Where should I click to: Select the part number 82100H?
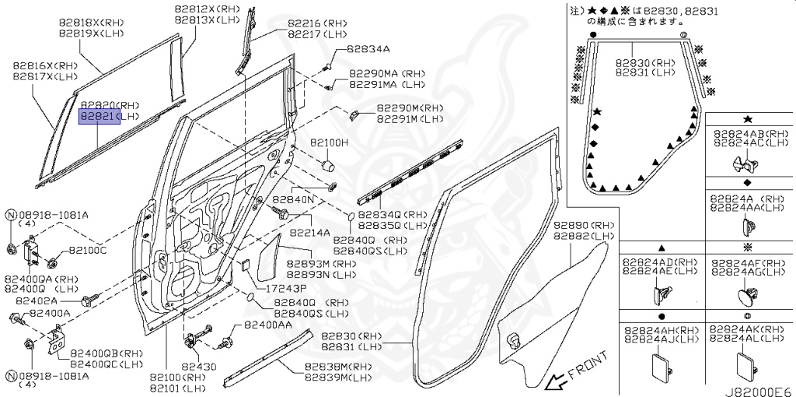pos(330,144)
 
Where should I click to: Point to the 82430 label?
pos(199,365)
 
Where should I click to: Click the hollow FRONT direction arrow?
pos(557,381)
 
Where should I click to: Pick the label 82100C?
pos(87,250)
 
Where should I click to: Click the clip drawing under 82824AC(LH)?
pos(745,163)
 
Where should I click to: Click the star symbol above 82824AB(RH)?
pos(747,119)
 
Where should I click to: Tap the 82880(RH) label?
pos(583,225)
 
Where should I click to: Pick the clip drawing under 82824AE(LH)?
pos(661,293)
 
